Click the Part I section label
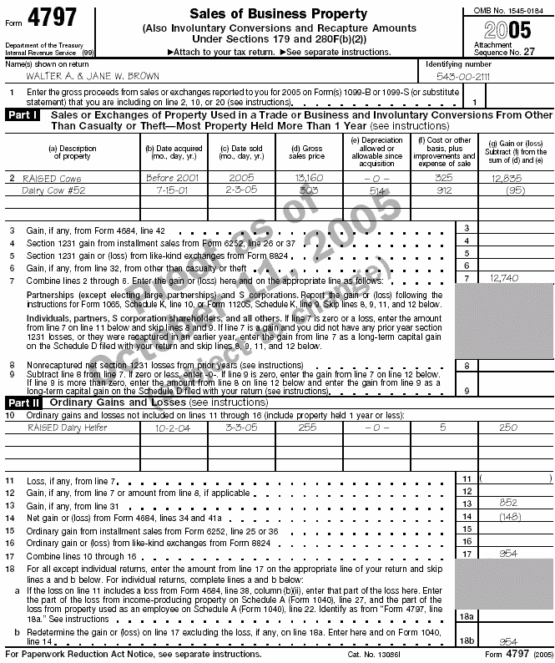[x=23, y=114]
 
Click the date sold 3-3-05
[x=236, y=427]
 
